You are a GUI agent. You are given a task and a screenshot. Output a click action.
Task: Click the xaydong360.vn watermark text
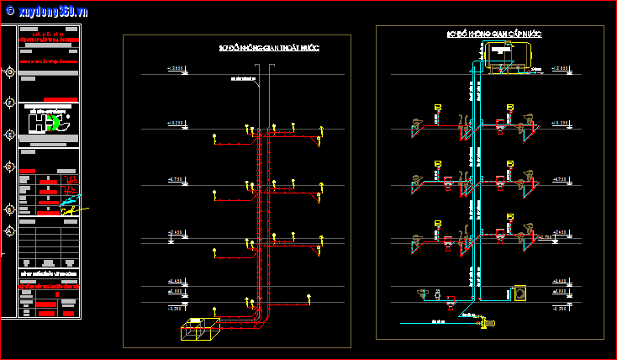tap(52, 11)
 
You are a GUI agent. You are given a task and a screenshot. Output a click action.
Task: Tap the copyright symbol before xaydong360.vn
tap(9, 11)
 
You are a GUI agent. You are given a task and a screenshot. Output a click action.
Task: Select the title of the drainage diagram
tap(268, 48)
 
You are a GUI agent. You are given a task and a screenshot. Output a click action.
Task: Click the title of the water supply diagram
tap(494, 34)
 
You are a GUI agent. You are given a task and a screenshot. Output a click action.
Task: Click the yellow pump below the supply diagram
tap(485, 322)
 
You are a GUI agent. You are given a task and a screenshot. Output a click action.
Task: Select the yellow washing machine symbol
tap(520, 294)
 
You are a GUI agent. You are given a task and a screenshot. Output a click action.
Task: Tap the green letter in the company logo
tap(55, 123)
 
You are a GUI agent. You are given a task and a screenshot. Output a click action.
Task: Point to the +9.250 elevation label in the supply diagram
tap(561, 123)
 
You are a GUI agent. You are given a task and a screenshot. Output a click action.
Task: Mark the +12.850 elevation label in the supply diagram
tap(561, 67)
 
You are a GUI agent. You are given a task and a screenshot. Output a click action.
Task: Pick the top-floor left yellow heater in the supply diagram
tap(437, 107)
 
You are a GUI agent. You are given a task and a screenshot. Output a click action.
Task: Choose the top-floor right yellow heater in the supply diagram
tap(509, 107)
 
